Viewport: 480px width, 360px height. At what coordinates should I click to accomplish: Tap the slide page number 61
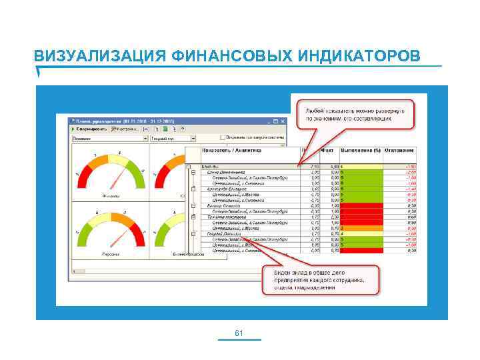[x=240, y=333]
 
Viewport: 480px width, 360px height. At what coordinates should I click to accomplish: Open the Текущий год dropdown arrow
[x=188, y=139]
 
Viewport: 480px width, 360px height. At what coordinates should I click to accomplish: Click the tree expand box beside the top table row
[x=189, y=167]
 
